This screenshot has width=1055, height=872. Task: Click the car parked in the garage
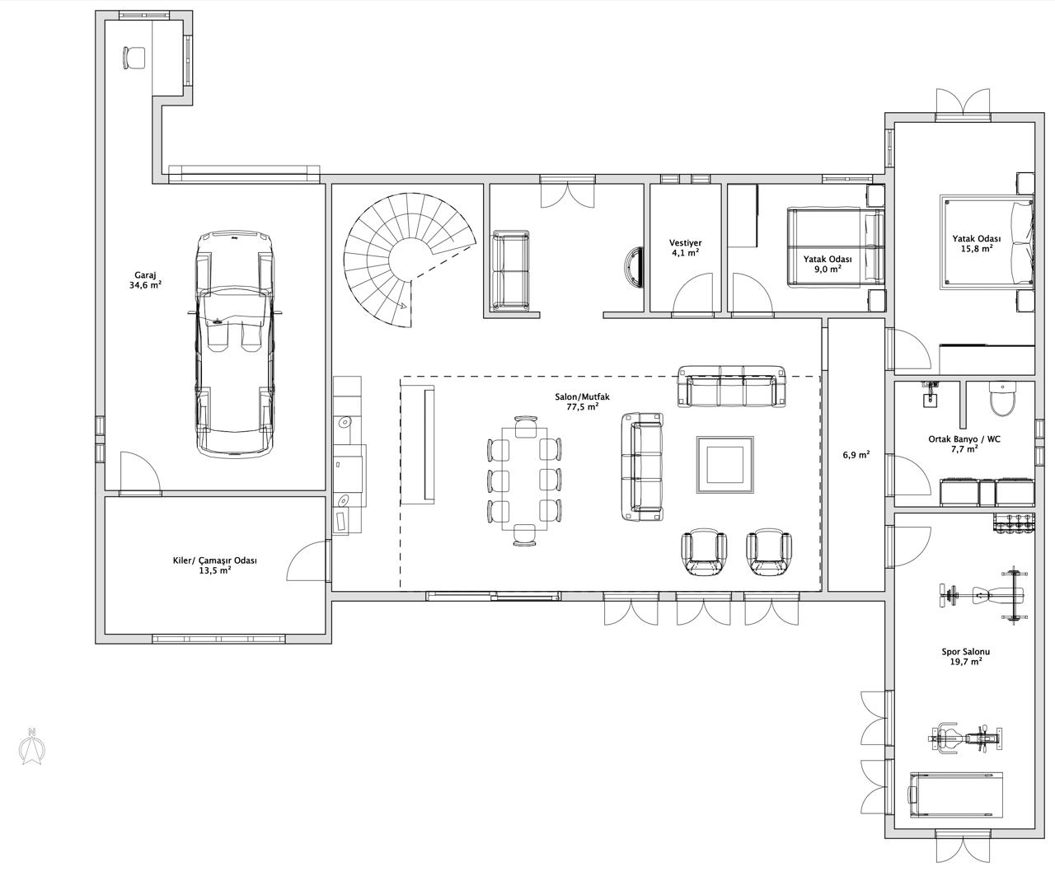tap(234, 345)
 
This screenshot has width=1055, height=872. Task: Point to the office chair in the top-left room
tap(134, 58)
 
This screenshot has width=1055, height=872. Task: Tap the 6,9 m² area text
tap(856, 455)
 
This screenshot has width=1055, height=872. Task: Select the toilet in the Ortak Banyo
tap(1002, 399)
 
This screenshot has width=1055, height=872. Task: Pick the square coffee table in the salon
tap(725, 464)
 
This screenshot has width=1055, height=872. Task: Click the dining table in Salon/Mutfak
tap(524, 479)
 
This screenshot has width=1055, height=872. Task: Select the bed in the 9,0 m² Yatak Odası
tap(836, 247)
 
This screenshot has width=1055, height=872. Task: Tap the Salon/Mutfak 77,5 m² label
tap(582, 401)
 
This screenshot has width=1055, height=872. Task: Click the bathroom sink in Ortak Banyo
tap(930, 394)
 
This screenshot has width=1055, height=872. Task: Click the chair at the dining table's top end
tap(526, 426)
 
